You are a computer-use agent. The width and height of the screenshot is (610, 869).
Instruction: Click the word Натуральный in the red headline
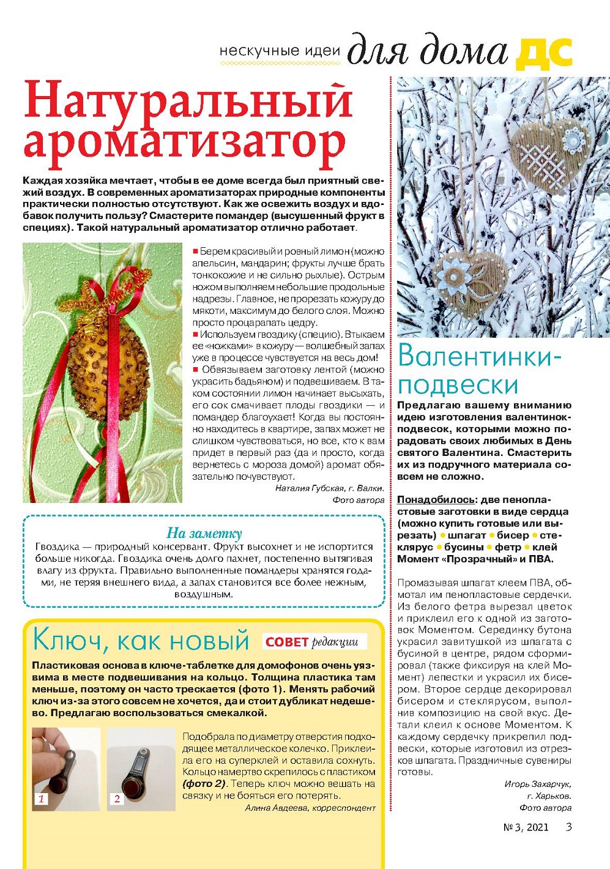coord(188,101)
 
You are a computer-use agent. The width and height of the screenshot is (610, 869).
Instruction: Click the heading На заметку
coord(204,533)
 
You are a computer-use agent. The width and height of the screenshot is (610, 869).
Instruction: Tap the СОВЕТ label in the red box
coord(286,642)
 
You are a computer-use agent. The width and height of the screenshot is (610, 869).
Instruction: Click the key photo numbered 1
coord(65,769)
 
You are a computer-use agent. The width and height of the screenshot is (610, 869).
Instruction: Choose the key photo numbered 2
coord(141,769)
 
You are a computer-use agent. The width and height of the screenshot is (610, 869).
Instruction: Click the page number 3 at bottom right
coord(569,827)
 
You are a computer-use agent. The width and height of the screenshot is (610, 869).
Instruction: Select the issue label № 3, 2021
coord(526,827)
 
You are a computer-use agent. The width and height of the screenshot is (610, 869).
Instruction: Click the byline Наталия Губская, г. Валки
coord(329,488)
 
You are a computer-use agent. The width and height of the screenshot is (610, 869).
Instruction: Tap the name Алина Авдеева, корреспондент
coord(310,808)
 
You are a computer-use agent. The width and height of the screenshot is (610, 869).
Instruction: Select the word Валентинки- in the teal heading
coord(479,357)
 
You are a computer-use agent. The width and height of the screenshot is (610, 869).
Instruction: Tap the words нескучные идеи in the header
coord(280,51)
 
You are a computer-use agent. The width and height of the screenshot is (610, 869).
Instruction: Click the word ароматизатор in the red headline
coord(184,144)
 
